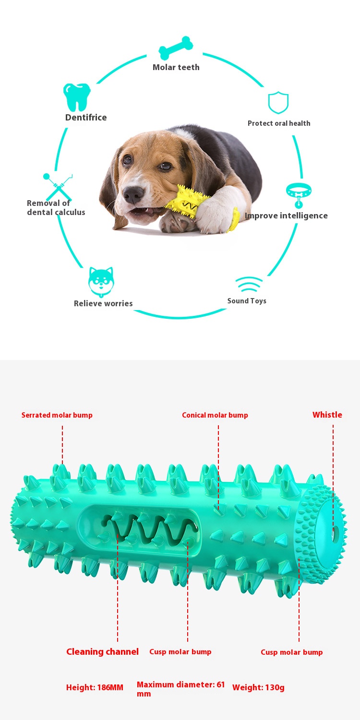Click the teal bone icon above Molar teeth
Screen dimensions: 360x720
pos(176,48)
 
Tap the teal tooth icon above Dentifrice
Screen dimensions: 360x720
pos(77,97)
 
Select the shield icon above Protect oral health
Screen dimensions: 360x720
pos(278,103)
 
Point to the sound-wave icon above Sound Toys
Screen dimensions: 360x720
pos(249,284)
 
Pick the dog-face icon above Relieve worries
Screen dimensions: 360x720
pos(101,282)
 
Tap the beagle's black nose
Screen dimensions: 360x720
pos(133,194)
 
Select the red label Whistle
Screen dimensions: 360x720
pos(327,415)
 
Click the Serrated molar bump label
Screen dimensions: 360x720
pos(57,415)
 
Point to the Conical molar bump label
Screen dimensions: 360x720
pos(215,415)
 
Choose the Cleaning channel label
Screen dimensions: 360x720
pos(103,651)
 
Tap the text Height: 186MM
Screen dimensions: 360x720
pos(95,687)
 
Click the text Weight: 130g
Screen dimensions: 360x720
pos(258,687)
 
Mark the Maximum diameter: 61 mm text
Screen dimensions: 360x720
pos(180,689)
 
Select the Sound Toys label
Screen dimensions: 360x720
pos(247,301)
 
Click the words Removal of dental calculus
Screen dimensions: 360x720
pos(56,208)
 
